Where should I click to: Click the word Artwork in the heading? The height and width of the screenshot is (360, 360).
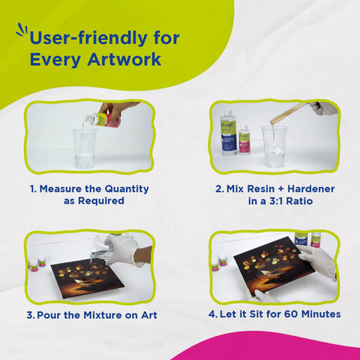pos(124,59)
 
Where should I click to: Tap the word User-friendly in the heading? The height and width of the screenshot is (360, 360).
pos(88,37)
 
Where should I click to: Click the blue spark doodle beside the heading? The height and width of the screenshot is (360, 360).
pos(22,30)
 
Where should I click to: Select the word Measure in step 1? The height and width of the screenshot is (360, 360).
pos(61,189)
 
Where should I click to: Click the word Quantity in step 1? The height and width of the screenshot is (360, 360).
pos(127,189)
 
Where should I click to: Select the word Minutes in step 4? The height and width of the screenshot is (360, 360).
pos(321,314)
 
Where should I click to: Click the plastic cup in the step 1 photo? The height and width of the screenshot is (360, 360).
pos(84,148)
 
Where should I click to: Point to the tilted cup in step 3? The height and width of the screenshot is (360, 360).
pos(100,247)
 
